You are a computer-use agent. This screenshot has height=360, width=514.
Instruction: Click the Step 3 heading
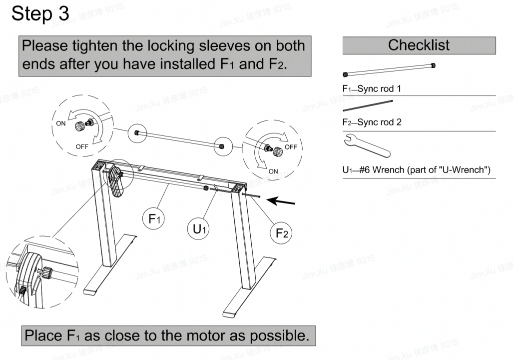pyautogui.click(x=40, y=14)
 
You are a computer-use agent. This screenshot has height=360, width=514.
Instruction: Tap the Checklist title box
pyautogui.click(x=419, y=45)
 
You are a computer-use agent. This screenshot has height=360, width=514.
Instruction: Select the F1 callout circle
pyautogui.click(x=153, y=218)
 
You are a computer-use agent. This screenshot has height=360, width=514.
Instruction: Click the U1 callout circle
pyautogui.click(x=199, y=228)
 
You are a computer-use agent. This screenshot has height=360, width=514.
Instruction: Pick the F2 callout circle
pyautogui.click(x=281, y=233)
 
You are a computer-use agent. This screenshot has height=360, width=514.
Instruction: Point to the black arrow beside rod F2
pyautogui.click(x=281, y=201)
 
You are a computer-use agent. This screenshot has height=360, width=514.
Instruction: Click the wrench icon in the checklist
pyautogui.click(x=367, y=145)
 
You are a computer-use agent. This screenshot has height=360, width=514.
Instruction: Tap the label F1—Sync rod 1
pyautogui.click(x=372, y=88)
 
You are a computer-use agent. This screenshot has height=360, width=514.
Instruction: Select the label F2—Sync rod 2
pyautogui.click(x=372, y=122)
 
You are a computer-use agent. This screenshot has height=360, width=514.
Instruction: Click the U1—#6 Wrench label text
pyautogui.click(x=416, y=169)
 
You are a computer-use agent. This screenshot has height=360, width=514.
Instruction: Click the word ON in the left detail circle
pyautogui.click(x=60, y=123)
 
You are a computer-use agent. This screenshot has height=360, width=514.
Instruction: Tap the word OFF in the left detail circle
pyautogui.click(x=82, y=146)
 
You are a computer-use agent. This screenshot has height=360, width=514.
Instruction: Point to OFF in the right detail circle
pyautogui.click(x=291, y=147)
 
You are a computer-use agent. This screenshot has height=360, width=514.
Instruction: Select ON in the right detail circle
pyautogui.click(x=273, y=171)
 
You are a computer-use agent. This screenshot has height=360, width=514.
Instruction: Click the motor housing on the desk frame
pyautogui.click(x=116, y=181)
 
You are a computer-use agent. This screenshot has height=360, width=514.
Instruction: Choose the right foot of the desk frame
pyautogui.click(x=249, y=287)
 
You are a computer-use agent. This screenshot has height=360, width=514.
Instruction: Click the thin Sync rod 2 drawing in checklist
pyautogui.click(x=368, y=105)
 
